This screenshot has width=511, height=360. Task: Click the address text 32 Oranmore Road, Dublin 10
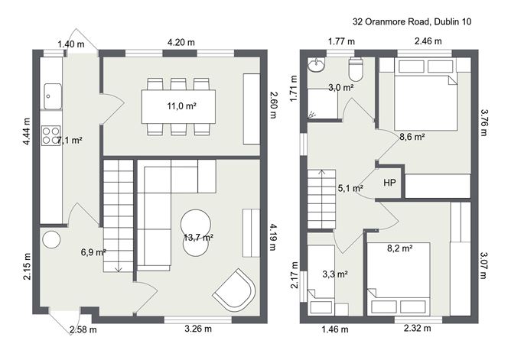click(412, 22)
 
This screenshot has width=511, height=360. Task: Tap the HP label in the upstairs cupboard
click(390, 183)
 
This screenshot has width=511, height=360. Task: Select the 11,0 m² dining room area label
click(181, 106)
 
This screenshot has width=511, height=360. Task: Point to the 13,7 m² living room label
click(198, 238)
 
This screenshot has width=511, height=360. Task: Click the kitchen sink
click(53, 96)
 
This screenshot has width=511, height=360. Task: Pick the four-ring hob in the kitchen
click(51, 135)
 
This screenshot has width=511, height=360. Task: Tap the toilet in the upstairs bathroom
click(356, 69)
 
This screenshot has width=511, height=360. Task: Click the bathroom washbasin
click(317, 64)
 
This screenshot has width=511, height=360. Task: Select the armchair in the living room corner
click(235, 289)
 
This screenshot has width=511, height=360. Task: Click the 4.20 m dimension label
click(181, 42)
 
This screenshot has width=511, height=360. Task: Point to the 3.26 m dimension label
click(198, 329)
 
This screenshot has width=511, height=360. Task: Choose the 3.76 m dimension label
click(483, 123)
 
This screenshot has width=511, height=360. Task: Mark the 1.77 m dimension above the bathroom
click(341, 42)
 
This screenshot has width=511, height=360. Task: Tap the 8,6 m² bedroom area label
click(412, 137)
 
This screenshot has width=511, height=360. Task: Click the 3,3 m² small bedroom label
click(335, 274)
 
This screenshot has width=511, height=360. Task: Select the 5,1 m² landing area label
click(350, 188)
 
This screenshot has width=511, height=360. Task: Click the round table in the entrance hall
click(51, 240)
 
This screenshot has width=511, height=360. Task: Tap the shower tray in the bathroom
click(323, 103)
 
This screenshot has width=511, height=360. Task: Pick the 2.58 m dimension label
click(83, 329)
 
